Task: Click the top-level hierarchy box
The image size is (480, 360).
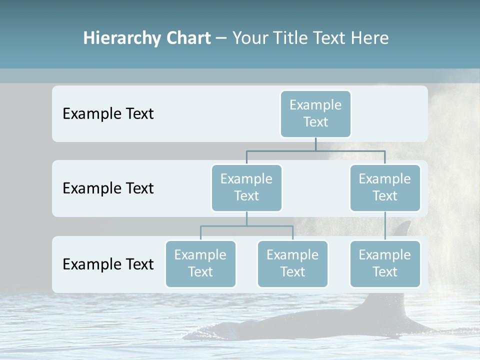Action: pos(315,113)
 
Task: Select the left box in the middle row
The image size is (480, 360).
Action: pos(246,187)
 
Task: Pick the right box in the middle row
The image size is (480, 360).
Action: pos(385,187)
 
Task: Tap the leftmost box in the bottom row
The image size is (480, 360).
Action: pos(200,263)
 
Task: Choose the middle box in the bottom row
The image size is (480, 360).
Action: pos(292,263)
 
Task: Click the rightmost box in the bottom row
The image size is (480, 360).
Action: pos(385,263)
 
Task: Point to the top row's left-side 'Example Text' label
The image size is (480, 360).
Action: pos(108,114)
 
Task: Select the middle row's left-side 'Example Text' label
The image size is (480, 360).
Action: pos(108,188)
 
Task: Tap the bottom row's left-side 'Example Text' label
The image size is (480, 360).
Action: pos(108,264)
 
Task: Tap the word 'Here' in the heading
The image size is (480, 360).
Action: pos(370,38)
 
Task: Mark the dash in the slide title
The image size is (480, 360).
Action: pos(221,38)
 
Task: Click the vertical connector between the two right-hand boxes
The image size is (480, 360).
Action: pos(385,226)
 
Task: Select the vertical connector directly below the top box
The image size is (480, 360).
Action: pos(315,144)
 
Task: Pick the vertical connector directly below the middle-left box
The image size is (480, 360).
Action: pos(246,218)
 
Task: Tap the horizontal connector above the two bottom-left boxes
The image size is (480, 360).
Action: pos(246,226)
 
